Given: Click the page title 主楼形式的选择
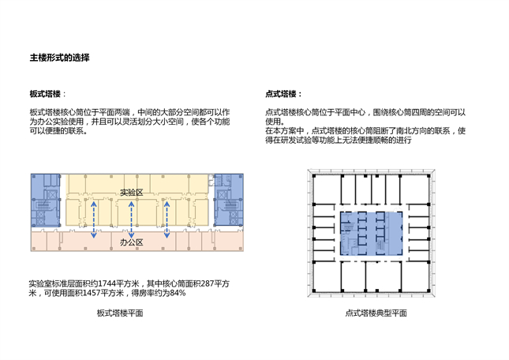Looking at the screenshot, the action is [x=59, y=58].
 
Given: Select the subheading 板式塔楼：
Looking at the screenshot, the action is [x=47, y=94].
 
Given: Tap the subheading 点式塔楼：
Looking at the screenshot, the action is [x=284, y=94].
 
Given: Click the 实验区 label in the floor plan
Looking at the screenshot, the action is [x=132, y=193].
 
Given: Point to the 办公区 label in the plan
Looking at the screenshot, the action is [x=132, y=242].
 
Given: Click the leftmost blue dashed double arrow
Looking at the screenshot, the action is [x=93, y=219].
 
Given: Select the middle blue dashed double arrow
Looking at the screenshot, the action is [x=131, y=219].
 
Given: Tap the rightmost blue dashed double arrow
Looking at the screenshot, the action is [x=167, y=219].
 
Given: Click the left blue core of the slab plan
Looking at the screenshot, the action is [x=46, y=201].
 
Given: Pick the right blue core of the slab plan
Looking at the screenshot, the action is [x=229, y=200].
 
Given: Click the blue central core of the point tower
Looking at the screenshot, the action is [x=372, y=234].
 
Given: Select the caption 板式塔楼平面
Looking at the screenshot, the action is [x=120, y=313].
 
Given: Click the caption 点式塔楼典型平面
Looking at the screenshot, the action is [x=376, y=313].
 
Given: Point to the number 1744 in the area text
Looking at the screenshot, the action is [x=107, y=283].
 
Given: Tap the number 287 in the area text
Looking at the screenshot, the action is [x=207, y=283].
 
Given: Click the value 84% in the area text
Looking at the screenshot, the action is [x=178, y=293].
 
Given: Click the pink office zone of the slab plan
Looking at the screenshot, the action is [x=137, y=242].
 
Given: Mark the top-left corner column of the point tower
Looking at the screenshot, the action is [x=314, y=176].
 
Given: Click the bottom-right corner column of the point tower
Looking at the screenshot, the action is [x=429, y=291].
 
